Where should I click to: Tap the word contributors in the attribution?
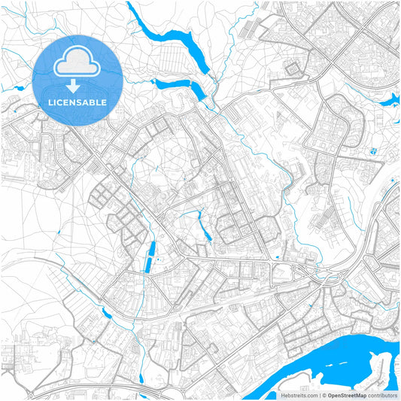coord(383,395)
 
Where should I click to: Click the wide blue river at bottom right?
coord(339,361)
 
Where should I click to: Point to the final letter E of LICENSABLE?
coord(104,102)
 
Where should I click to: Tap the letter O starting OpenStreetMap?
coord(330,395)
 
